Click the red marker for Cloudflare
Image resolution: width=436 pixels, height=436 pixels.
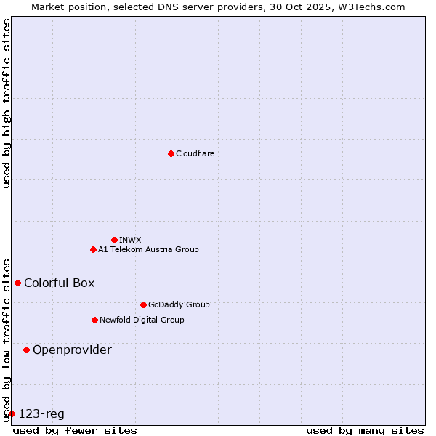(x=171, y=153)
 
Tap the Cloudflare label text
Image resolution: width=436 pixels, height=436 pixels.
(x=195, y=153)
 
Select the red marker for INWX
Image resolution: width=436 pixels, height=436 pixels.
(x=114, y=240)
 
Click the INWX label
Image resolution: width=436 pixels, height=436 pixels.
(x=131, y=240)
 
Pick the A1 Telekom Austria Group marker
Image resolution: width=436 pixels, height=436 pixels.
(x=93, y=249)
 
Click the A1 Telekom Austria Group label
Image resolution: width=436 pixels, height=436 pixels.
(x=148, y=249)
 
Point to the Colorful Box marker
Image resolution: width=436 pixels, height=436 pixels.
(x=17, y=283)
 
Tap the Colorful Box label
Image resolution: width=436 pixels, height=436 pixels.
(x=59, y=283)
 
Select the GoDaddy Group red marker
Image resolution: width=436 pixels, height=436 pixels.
(x=143, y=304)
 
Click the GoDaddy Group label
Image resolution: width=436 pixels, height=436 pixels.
(x=179, y=304)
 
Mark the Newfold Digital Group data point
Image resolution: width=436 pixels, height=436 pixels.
(x=94, y=320)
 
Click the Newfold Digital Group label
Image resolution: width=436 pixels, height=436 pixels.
(x=142, y=320)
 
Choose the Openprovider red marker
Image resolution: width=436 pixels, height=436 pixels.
(x=26, y=350)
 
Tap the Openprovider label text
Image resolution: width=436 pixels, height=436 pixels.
(x=72, y=350)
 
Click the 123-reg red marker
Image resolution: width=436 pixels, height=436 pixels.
(x=12, y=413)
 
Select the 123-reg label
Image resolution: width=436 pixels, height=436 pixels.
(x=41, y=413)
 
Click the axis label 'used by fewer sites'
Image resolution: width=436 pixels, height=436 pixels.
(x=75, y=430)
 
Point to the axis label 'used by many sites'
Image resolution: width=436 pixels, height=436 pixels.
(x=365, y=430)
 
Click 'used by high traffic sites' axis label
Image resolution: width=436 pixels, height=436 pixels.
(x=7, y=103)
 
